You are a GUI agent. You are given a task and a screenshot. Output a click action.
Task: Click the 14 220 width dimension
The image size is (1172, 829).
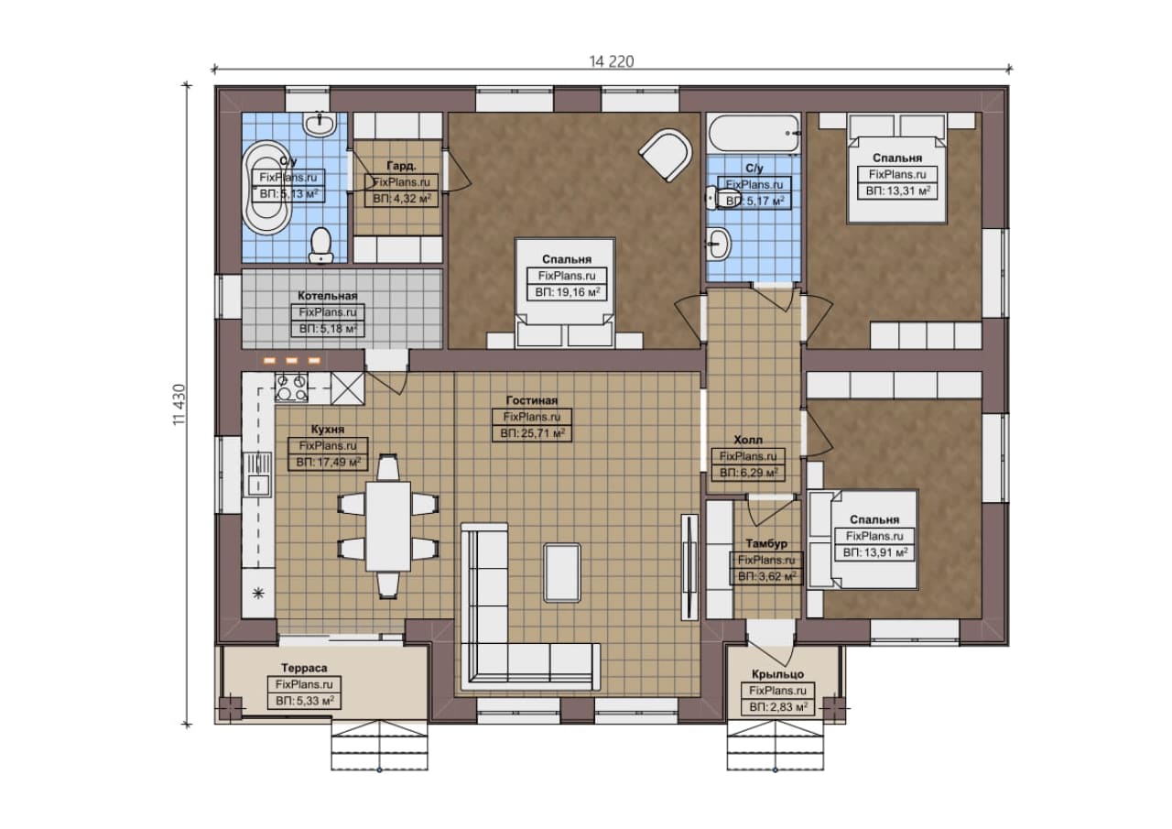tap(611, 61)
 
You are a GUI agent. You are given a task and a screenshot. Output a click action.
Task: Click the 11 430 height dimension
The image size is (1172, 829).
tap(179, 405)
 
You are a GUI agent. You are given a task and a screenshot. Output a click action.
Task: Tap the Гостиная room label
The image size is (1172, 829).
tap(532, 400)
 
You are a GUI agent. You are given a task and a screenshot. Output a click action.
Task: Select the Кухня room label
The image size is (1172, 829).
tap(328, 429)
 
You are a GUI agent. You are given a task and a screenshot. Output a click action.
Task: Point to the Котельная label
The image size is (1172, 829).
tap(328, 296)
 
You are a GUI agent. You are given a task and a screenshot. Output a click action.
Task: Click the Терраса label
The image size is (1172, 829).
tap(304, 668)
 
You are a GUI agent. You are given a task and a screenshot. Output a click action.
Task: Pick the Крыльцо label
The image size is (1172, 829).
tap(777, 674)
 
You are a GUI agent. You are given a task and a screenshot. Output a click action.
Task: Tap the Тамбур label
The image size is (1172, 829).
tap(766, 544)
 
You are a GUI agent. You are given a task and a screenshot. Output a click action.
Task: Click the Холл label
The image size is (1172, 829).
tap(748, 440)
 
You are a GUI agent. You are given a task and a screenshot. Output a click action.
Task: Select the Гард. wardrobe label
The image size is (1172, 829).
tap(401, 166)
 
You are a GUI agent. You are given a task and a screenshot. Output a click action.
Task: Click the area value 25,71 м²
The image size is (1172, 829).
tap(532, 433)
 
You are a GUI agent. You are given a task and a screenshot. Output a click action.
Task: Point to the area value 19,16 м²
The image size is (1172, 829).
tap(567, 292)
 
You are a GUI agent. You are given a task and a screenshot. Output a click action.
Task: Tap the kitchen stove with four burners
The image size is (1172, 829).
tap(291, 387)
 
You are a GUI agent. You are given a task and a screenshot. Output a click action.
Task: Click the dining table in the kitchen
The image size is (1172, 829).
tap(387, 526)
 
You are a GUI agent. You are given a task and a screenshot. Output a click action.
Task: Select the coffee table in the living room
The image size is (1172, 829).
tap(562, 573)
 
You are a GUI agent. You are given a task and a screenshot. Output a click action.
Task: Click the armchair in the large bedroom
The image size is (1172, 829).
tap(665, 155)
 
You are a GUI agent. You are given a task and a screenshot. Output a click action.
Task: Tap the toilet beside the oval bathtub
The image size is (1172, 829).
tap(320, 245)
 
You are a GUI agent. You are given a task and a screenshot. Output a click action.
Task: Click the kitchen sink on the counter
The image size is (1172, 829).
tap(257, 474)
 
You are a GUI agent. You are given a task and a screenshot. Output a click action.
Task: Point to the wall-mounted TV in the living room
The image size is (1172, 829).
tap(689, 567)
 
